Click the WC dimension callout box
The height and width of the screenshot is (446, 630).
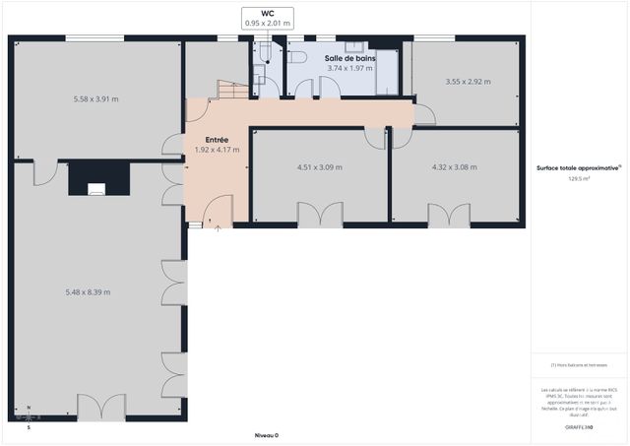pyautogui.click(x=267, y=17)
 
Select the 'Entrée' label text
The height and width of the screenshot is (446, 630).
pyautogui.click(x=217, y=140)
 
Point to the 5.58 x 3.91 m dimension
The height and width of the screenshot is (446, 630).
pyautogui.click(x=96, y=99)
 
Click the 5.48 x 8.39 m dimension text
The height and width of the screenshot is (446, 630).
pyautogui.click(x=88, y=291)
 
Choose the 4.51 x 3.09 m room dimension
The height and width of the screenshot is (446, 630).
pyautogui.click(x=320, y=167)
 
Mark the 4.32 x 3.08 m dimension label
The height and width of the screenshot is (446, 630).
pyautogui.click(x=454, y=167)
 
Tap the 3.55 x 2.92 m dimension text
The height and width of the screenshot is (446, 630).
pyautogui.click(x=468, y=82)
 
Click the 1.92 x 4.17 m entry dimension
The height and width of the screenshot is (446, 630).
pyautogui.click(x=217, y=150)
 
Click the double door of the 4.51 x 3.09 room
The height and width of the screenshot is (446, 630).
pyautogui.click(x=320, y=215)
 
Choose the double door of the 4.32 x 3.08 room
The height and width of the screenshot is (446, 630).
pyautogui.click(x=449, y=215)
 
